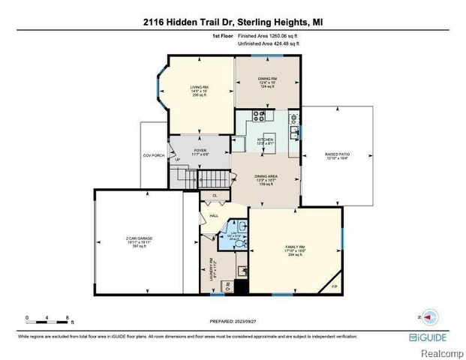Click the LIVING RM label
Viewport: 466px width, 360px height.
click(200, 88)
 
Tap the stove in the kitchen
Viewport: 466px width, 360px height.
click(260, 116)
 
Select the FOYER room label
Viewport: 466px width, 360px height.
click(200, 151)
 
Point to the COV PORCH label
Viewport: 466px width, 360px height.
click(154, 155)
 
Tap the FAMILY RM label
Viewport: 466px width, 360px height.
click(293, 247)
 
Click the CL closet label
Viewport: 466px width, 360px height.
click(215, 196)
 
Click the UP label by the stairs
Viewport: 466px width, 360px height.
click(177, 160)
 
